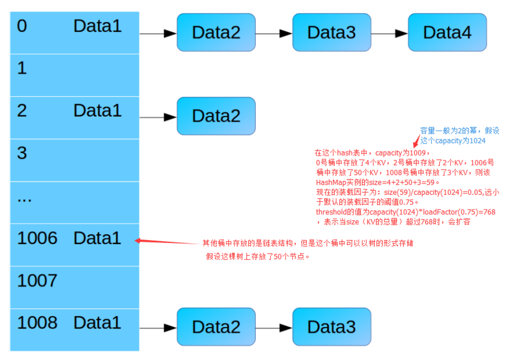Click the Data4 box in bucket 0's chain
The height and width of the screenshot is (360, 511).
tap(447, 32)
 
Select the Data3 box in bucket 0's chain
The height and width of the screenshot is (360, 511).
tap(332, 32)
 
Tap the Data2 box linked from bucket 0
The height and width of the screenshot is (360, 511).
tap(216, 32)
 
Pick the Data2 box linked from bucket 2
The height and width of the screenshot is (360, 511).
tap(216, 116)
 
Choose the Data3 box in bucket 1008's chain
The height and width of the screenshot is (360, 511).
tap(332, 327)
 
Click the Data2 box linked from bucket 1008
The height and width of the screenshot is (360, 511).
tap(216, 327)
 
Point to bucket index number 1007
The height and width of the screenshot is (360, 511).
tap(37, 281)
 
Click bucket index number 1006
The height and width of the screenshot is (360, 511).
tap(37, 238)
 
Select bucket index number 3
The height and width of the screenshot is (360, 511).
tap(22, 153)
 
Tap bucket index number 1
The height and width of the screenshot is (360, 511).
tap(22, 68)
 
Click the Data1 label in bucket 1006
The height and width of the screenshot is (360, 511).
tap(97, 238)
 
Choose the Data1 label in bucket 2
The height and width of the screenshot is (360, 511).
tap(97, 110)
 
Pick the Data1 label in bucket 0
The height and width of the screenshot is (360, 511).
tap(97, 26)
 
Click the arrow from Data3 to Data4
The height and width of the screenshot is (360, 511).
tap(389, 34)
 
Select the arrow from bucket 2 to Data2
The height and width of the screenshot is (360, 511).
tap(158, 117)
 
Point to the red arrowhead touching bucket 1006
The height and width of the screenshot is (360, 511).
tap(138, 240)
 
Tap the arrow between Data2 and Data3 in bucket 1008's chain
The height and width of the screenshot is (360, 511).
tap(274, 328)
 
